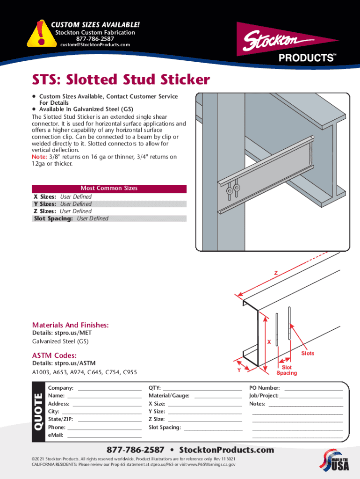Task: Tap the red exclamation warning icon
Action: (x=39, y=35)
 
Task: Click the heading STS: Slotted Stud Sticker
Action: (x=121, y=80)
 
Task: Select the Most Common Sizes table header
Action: (x=109, y=189)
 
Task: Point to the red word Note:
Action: (x=39, y=157)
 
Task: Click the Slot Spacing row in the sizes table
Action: (x=109, y=218)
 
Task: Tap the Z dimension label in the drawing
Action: (x=276, y=273)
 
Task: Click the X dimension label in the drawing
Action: (x=269, y=342)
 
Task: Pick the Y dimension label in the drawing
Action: (x=239, y=370)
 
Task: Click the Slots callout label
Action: (x=307, y=353)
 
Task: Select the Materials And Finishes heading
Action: (x=70, y=325)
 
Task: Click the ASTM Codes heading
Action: (x=54, y=356)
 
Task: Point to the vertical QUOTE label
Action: (x=38, y=412)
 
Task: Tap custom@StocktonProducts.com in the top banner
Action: (x=95, y=45)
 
